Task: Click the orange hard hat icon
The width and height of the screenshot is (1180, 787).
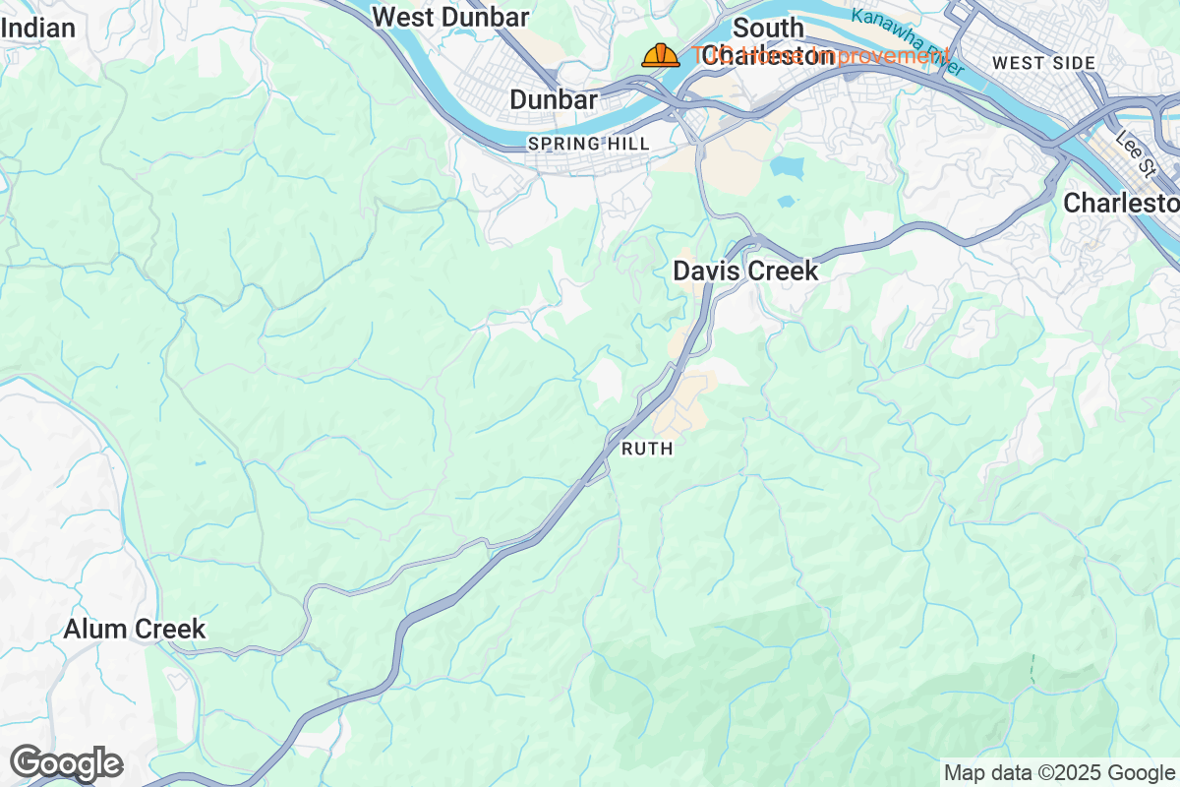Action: [660, 55]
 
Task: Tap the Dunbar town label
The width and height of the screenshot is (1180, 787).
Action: [554, 99]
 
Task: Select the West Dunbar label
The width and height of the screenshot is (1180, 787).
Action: [451, 17]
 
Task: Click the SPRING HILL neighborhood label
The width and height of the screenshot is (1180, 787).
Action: [588, 144]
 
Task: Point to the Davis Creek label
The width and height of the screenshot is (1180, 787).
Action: [745, 271]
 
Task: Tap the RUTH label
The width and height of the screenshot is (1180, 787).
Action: [647, 449]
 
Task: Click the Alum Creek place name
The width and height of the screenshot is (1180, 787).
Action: [135, 629]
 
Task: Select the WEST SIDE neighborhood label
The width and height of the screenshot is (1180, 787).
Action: [1043, 63]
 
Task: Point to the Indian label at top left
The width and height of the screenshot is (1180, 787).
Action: [38, 28]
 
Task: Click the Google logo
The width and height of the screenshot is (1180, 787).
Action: [66, 763]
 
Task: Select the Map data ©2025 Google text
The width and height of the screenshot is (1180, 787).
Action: [1059, 772]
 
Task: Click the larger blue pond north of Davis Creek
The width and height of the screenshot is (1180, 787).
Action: [787, 166]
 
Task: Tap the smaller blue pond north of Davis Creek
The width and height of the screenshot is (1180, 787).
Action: [786, 201]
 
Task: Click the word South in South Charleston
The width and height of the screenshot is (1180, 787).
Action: [768, 28]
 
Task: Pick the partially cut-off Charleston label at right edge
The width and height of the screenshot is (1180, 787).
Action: [1121, 203]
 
